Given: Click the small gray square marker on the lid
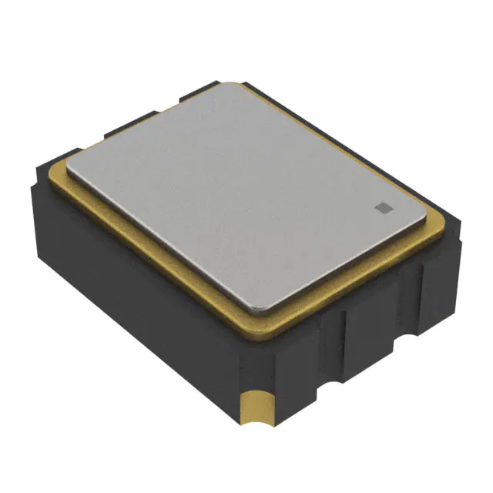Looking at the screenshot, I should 383,206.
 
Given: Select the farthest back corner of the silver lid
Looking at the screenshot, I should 231,86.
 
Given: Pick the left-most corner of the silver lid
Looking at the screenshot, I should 70,164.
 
